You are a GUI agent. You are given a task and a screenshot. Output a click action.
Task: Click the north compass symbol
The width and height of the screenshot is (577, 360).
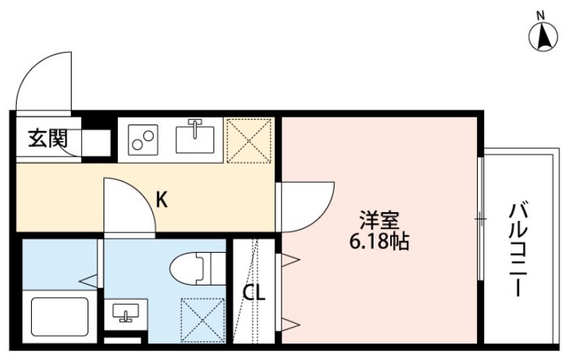544,36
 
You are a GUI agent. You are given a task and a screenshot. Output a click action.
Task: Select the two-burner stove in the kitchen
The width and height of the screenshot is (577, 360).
144,139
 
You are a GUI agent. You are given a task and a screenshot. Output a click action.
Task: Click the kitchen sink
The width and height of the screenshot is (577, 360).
195,137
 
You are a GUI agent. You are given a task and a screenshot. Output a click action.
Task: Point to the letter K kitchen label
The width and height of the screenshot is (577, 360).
163,199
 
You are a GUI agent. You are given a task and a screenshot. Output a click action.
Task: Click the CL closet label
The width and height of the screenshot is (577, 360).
253,294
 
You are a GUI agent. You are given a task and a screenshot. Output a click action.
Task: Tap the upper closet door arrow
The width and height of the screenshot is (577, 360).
290,259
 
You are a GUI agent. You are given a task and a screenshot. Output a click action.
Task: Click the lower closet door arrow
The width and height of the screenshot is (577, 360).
290,323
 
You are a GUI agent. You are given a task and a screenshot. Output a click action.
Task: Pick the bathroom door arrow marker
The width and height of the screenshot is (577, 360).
90,279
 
